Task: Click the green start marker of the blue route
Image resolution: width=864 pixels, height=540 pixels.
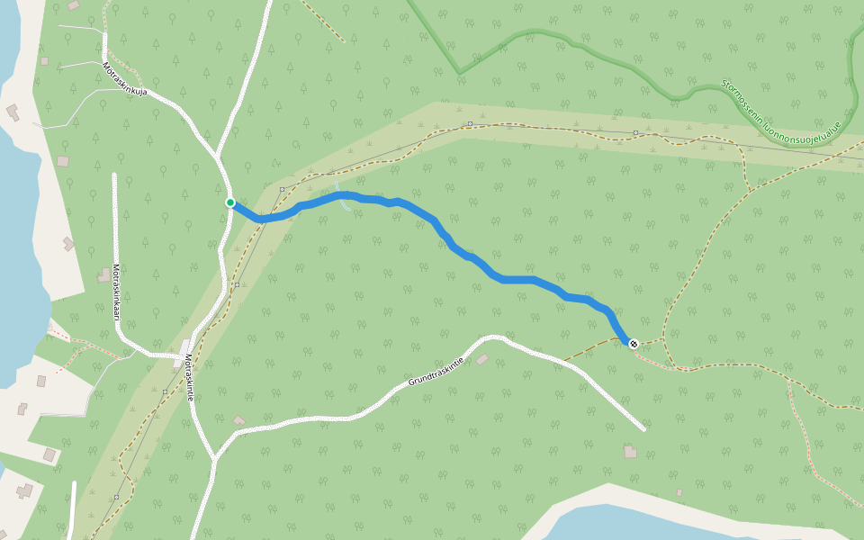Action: coord(230,202)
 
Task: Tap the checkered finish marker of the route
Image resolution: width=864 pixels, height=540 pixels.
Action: coord(634,343)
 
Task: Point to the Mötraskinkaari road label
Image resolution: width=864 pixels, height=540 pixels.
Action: coord(115,292)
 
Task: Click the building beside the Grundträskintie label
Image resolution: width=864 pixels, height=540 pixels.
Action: coord(482,360)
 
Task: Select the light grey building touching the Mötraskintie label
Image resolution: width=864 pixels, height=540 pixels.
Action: coord(184,346)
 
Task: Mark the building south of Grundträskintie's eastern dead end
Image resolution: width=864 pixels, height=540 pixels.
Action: coord(630,452)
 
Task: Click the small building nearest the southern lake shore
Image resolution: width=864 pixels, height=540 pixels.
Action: coord(679,492)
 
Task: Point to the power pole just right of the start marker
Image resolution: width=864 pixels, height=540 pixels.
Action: coord(282,189)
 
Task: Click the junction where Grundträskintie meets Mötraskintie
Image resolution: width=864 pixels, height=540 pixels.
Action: coord(214,459)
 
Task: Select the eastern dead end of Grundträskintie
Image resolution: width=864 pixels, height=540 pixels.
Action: coord(643,428)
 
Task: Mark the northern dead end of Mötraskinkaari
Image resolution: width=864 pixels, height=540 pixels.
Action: coord(114,175)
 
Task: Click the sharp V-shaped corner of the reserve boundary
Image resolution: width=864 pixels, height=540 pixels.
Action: coord(460,73)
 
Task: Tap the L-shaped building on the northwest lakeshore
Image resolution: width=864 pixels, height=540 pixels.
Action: coord(13,112)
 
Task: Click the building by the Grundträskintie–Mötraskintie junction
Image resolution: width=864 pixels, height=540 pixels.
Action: coord(238,420)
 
